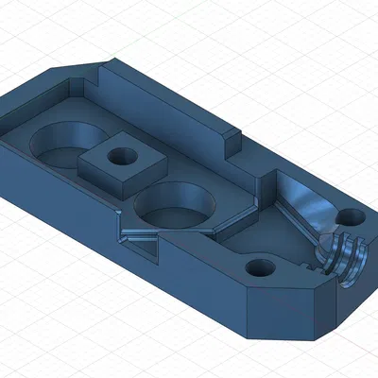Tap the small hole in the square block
click(122, 158)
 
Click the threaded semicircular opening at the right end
click(343, 259)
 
